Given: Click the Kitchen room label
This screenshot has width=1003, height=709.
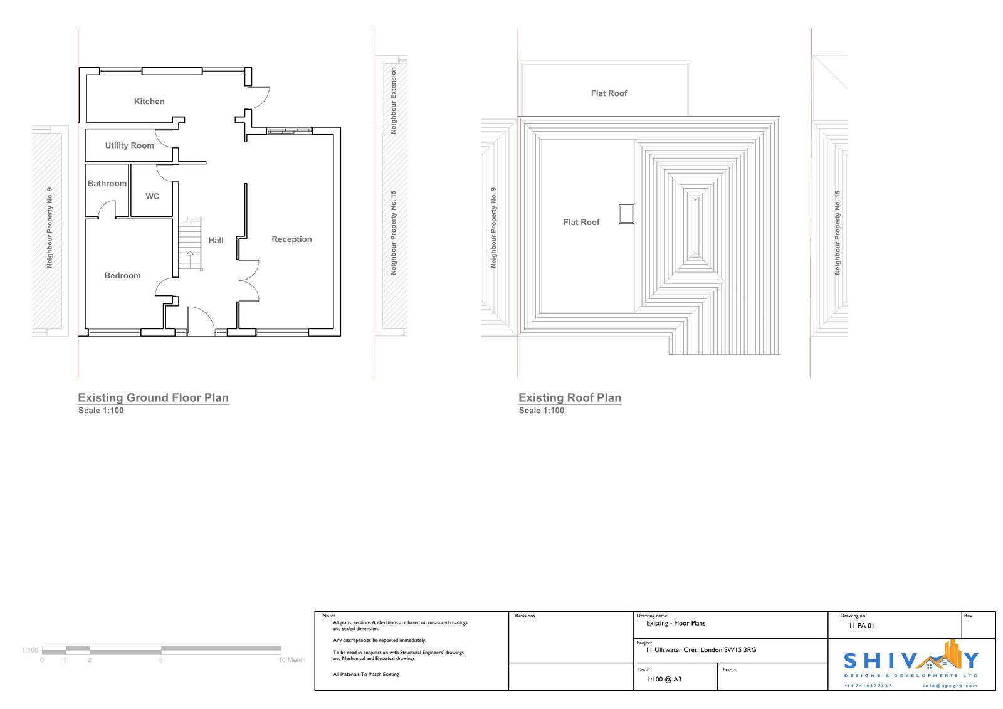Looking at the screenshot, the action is click(x=149, y=102).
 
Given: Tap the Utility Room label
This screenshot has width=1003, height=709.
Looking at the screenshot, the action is click(x=129, y=145).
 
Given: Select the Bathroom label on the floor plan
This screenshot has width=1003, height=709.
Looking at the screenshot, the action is click(x=107, y=184).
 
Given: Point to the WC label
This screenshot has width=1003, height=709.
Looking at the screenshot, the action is click(x=152, y=197).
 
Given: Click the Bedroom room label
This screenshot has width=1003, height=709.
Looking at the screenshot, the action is click(x=122, y=276).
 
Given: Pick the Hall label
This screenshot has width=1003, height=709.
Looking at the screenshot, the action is click(x=216, y=241).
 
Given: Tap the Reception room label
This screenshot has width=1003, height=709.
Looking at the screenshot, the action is click(x=291, y=239).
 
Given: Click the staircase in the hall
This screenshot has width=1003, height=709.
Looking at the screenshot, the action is click(x=191, y=244).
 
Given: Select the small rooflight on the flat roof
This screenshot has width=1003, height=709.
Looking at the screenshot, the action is click(x=626, y=214).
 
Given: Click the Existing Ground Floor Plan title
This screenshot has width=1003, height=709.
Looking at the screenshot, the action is click(x=153, y=397).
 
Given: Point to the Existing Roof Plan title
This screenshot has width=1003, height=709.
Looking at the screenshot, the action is click(x=570, y=397).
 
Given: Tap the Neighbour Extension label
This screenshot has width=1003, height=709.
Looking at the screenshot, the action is click(x=394, y=100).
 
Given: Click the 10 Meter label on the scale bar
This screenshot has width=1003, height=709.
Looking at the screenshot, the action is click(x=291, y=659).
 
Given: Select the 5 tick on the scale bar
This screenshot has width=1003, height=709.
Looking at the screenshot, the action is click(x=160, y=659).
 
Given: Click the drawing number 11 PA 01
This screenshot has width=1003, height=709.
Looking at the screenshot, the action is click(x=861, y=626).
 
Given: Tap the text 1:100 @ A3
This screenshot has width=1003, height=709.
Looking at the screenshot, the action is click(x=664, y=680).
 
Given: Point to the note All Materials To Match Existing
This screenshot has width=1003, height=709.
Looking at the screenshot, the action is click(x=366, y=674).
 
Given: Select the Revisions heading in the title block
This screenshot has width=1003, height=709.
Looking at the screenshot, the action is click(x=525, y=616).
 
